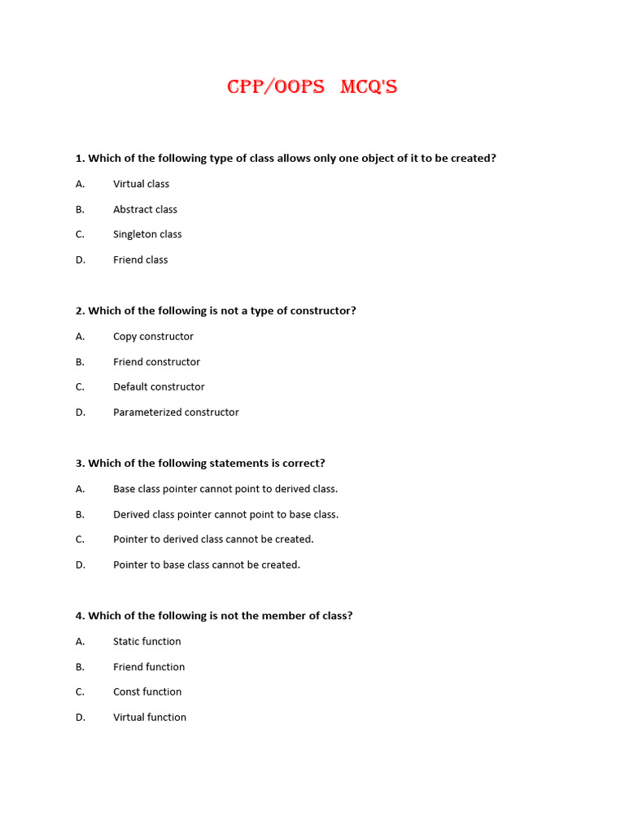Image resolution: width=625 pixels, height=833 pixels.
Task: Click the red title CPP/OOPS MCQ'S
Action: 312,87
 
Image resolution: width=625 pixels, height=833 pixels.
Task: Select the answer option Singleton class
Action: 147,234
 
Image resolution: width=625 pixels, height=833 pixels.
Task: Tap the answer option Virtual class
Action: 141,184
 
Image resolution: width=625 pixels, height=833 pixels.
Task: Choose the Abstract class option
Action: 145,209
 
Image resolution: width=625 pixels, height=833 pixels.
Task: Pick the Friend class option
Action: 140,259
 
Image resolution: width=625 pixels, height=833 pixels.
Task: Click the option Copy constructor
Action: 153,336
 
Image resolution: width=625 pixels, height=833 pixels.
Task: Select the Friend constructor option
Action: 156,362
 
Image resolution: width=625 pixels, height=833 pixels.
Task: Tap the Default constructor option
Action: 159,387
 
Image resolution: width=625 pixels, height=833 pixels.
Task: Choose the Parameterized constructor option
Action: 176,412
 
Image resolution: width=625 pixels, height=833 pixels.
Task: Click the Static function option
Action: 146,642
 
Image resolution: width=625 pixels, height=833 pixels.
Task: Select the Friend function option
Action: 149,667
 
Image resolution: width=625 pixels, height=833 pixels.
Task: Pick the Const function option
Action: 147,692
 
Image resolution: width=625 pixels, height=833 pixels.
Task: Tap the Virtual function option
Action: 150,717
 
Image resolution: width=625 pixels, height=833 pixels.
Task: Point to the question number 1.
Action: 79,158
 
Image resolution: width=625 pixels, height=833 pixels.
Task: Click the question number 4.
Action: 79,616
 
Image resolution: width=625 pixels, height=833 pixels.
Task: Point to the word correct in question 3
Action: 302,464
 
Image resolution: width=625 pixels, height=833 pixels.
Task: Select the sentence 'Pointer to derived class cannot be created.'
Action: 213,539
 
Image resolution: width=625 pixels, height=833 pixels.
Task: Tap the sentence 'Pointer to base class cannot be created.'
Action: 207,565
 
